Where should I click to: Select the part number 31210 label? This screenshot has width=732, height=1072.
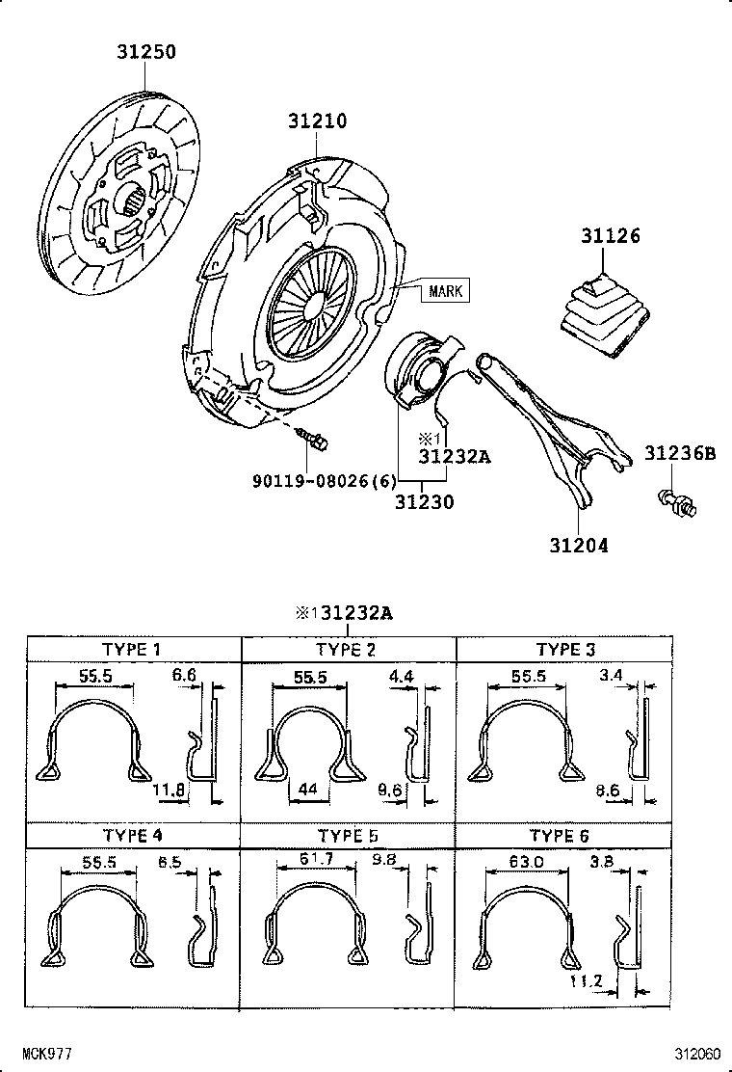coord(317,121)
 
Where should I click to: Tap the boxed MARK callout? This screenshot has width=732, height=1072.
coord(445,290)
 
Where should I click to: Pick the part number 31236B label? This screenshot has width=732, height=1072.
coord(680,453)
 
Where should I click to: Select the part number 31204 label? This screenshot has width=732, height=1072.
coord(579,546)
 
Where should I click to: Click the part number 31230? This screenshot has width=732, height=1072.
coord(424,502)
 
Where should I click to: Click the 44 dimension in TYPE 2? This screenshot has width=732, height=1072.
coord(307,789)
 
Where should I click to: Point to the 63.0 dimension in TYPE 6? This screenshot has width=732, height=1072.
coord(526,862)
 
